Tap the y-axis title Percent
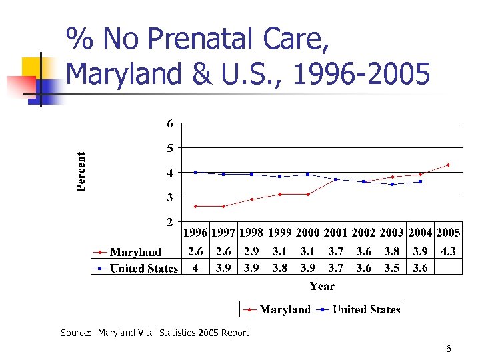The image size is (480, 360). pos(81,171)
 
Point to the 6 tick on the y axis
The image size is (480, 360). pos(170,123)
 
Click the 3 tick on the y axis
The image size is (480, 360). pos(170,197)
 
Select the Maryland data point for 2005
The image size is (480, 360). pos(448,165)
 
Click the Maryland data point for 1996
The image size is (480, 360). pos(195,206)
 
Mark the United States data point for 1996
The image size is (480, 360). pos(195,172)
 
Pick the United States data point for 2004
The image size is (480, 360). pos(420,181)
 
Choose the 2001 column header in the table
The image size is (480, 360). pos(336,233)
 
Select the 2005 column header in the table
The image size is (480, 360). pos(448,233)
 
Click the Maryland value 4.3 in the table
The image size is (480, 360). pos(448,252)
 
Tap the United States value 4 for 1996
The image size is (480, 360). pos(195,268)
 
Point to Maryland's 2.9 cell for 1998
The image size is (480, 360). pos(251,252)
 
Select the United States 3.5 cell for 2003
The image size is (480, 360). pos(392,268)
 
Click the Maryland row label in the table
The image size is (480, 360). pos(135,252)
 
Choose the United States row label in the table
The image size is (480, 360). pos(143,268)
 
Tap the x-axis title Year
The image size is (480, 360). pos(322,286)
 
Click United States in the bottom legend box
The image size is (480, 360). pos(366,309)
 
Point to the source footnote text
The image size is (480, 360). pos(155,333)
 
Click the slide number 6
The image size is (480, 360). pos(449,349)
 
